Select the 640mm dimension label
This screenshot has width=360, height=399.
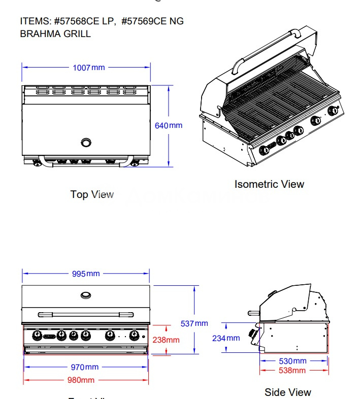[x=169, y=125]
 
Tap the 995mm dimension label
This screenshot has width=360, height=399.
[x=86, y=274]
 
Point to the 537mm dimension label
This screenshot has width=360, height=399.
[x=194, y=323]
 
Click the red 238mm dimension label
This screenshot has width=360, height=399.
[x=166, y=340]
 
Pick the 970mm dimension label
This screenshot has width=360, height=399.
[x=85, y=367]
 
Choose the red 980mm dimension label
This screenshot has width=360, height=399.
[x=81, y=380]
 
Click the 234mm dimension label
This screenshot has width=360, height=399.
[x=226, y=338]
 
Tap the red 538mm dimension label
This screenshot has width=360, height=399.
[x=292, y=371]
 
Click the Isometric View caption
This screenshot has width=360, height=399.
[x=269, y=184]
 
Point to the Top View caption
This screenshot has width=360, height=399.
[x=92, y=194]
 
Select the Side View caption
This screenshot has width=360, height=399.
[x=287, y=392]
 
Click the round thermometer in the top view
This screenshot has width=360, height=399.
[x=87, y=141]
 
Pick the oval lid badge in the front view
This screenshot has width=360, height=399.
[x=86, y=294]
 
